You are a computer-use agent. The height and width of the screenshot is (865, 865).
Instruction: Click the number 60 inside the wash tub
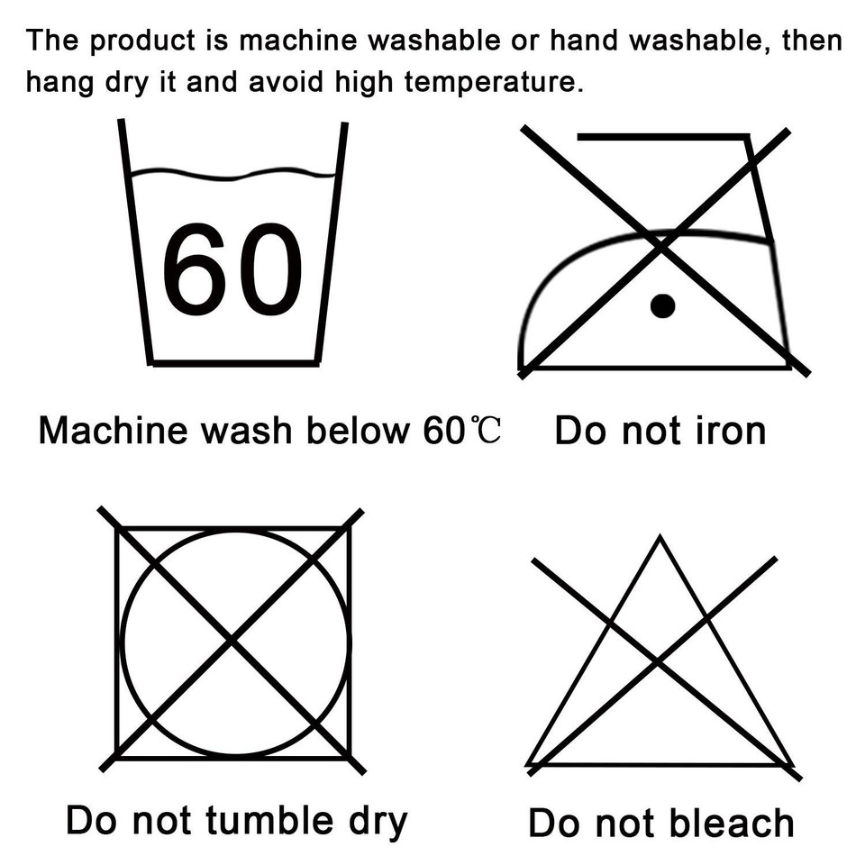point(232,269)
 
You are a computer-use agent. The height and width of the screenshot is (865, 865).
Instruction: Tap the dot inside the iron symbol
point(662,306)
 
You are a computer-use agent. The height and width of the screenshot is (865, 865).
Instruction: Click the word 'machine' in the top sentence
point(298,41)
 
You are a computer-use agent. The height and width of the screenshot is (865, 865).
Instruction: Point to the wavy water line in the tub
point(232,174)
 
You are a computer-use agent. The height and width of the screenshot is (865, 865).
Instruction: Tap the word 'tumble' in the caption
point(269,820)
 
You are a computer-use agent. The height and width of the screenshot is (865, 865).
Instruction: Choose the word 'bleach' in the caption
point(731,823)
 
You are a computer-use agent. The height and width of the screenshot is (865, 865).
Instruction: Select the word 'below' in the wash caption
point(358,430)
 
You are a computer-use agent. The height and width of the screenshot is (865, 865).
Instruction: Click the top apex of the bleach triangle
point(660,536)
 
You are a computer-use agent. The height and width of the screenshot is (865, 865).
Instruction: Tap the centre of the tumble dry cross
point(232,641)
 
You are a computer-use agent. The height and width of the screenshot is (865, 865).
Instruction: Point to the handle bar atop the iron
point(662,136)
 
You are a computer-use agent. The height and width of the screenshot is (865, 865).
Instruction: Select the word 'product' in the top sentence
point(142,41)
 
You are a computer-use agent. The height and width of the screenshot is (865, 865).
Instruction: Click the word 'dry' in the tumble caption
point(378,822)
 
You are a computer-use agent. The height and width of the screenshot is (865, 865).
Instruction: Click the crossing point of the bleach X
point(657,660)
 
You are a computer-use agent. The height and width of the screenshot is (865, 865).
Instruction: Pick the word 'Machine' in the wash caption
point(114,430)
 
